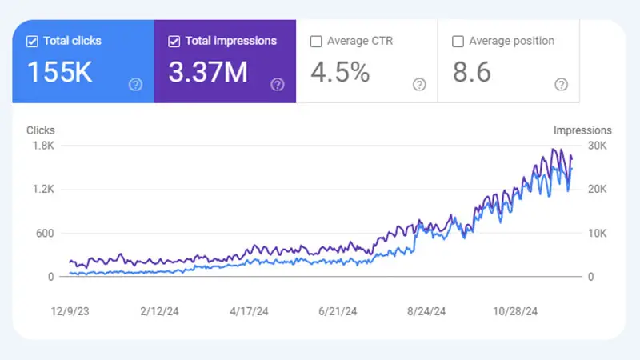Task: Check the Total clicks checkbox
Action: tap(32, 41)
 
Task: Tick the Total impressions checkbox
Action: tap(174, 41)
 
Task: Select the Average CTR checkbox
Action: tap(316, 41)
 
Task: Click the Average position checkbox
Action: tap(458, 41)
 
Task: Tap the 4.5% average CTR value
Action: tap(340, 73)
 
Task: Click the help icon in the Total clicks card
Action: tap(135, 84)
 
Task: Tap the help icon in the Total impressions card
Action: tap(278, 84)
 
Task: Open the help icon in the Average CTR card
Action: tap(419, 84)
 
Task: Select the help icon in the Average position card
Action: tap(562, 84)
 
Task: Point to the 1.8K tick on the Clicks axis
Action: tap(42, 146)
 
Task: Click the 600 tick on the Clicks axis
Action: tap(45, 234)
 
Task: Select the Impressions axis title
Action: tap(582, 130)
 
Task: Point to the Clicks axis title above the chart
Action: tap(41, 130)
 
